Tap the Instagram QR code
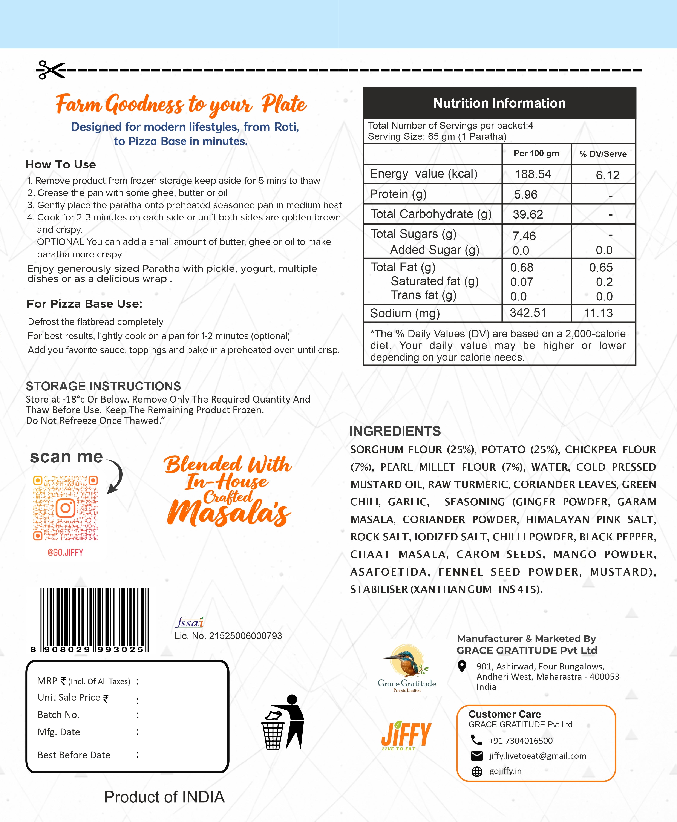click(66, 508)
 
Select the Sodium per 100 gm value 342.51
click(528, 313)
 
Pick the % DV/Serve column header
click(603, 154)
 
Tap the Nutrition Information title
click(499, 103)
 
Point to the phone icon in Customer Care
click(476, 740)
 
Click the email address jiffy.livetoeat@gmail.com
click(537, 756)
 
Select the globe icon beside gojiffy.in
click(476, 771)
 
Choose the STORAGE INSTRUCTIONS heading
click(103, 386)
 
